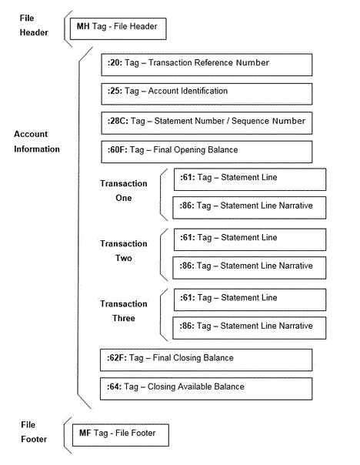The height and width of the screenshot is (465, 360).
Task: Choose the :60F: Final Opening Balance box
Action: pos(205,151)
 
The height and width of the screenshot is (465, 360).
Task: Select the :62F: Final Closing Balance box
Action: pos(205,360)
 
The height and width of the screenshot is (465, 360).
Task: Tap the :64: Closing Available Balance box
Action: pos(205,388)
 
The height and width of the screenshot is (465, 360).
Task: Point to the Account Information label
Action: pos(36,142)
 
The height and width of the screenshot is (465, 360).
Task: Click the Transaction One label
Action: pos(123,191)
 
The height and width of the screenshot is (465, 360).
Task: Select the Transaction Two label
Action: pos(123,251)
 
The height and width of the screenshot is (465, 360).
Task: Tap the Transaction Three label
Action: pos(123,311)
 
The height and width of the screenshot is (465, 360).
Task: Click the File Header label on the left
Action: pos(33,25)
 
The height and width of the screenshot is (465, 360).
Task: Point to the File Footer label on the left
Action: pos(33,432)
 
